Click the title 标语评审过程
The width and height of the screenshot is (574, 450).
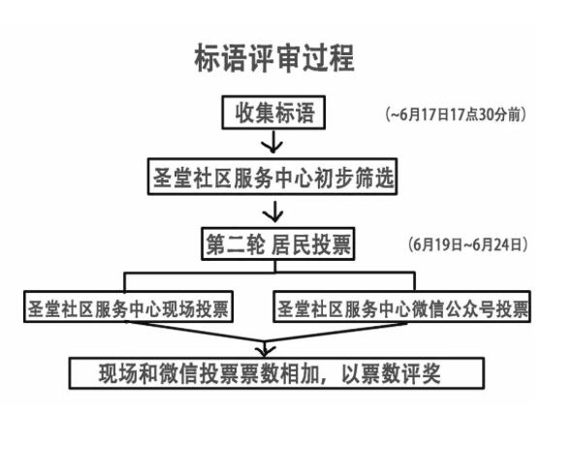point(274,57)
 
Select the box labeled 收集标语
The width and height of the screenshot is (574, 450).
point(273,112)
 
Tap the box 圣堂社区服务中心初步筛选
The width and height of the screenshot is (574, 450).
point(272,177)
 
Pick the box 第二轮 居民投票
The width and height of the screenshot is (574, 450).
point(278,243)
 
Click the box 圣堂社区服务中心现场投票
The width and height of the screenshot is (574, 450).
point(128,306)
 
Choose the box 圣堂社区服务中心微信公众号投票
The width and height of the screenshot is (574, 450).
point(401,306)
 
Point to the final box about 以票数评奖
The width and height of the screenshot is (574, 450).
point(276,373)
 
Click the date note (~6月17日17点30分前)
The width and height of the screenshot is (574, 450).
point(456,114)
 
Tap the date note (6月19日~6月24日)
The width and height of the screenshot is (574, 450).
point(468,244)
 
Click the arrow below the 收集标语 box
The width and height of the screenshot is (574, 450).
point(272,142)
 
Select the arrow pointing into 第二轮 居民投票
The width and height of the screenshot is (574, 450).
point(273,210)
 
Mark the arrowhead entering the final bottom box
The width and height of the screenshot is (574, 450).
point(265,350)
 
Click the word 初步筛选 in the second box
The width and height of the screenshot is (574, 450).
point(354,177)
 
